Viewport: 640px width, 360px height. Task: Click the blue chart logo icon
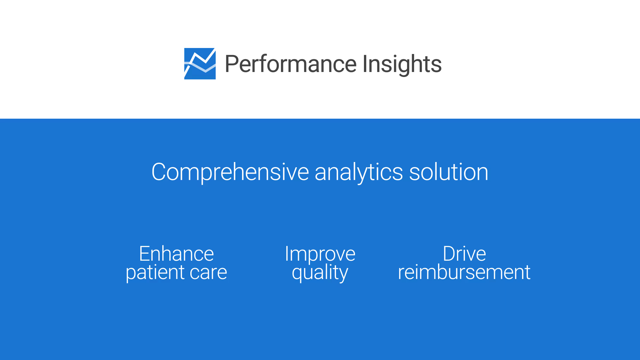200,64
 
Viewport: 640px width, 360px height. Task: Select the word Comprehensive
230,172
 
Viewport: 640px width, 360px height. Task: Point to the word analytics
359,172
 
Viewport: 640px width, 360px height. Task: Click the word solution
449,172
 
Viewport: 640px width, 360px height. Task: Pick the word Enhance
176,254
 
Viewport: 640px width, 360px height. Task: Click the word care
208,273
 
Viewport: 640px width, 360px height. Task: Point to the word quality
320,273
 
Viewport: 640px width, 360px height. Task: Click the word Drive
464,254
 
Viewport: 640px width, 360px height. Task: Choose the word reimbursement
464,272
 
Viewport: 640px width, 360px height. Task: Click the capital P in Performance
232,64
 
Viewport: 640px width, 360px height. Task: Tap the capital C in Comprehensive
159,172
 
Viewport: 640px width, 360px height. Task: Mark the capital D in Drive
450,254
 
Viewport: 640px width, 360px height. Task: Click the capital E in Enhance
145,254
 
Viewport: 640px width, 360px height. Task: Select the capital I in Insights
365,64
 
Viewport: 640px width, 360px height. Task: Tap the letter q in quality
297,275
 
